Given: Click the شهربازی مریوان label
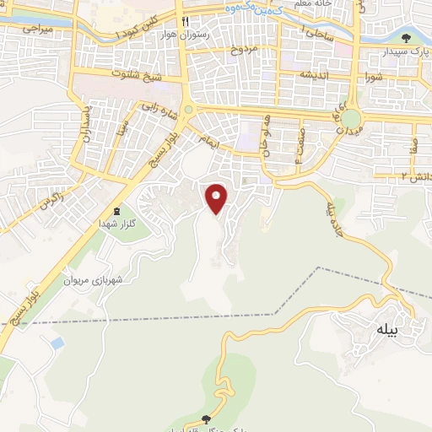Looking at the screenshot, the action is (x=94, y=280).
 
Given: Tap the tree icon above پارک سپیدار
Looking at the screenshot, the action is (x=407, y=37).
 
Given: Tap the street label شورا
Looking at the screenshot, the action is (x=374, y=78).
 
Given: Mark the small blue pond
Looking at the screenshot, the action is (x=57, y=343).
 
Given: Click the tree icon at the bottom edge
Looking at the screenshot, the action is (x=207, y=418).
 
